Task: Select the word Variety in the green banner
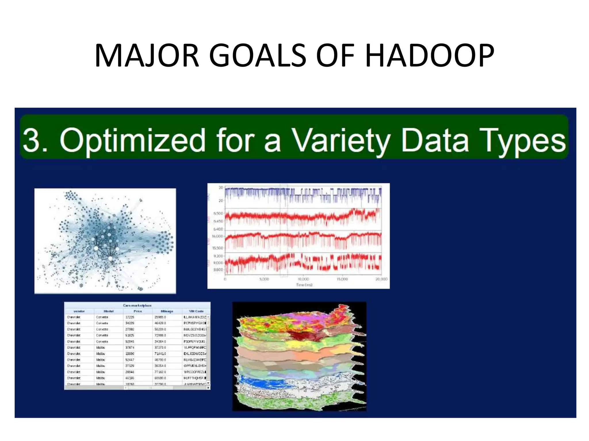tap(341, 140)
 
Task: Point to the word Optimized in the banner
tap(133, 140)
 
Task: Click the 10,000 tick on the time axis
tap(303, 279)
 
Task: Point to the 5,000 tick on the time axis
tap(264, 279)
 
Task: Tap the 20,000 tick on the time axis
tap(381, 279)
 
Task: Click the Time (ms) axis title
tap(304, 285)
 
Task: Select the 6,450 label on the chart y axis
tap(218, 221)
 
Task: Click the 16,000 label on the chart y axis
tap(217, 236)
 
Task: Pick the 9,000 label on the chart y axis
tap(218, 263)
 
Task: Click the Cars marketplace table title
tap(137, 305)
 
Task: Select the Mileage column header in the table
tap(167, 311)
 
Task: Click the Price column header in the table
tap(137, 311)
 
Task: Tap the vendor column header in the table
tap(79, 311)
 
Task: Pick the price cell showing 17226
tap(130, 317)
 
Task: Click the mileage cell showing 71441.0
tap(160, 354)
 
